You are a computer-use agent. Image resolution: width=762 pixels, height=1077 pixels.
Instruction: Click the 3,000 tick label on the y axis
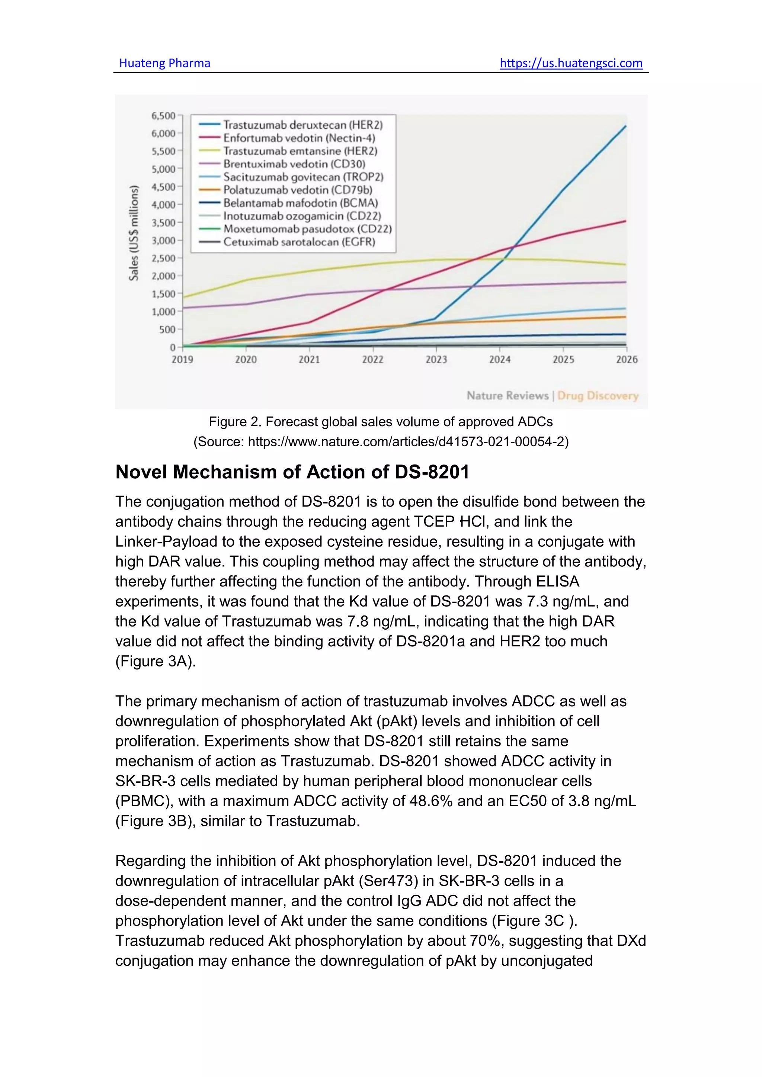pos(163,241)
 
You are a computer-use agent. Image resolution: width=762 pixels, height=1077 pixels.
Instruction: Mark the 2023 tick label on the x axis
pos(436,360)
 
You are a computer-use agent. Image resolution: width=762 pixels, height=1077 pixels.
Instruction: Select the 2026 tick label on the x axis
pos(627,360)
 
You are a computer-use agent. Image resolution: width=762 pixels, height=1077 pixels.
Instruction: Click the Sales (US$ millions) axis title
pos(134,233)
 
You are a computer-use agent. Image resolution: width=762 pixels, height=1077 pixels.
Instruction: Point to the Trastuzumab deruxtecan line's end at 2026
pos(625,126)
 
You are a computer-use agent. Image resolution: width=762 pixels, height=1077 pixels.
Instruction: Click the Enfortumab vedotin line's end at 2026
pos(625,221)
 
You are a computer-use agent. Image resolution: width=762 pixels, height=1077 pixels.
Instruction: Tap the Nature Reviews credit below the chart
pos(507,396)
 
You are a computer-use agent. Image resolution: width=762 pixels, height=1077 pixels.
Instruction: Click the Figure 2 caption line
pos(381,422)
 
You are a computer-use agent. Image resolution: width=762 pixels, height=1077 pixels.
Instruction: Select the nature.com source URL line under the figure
pos(381,442)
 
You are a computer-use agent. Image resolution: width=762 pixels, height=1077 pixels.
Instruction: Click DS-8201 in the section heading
pos(432,472)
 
